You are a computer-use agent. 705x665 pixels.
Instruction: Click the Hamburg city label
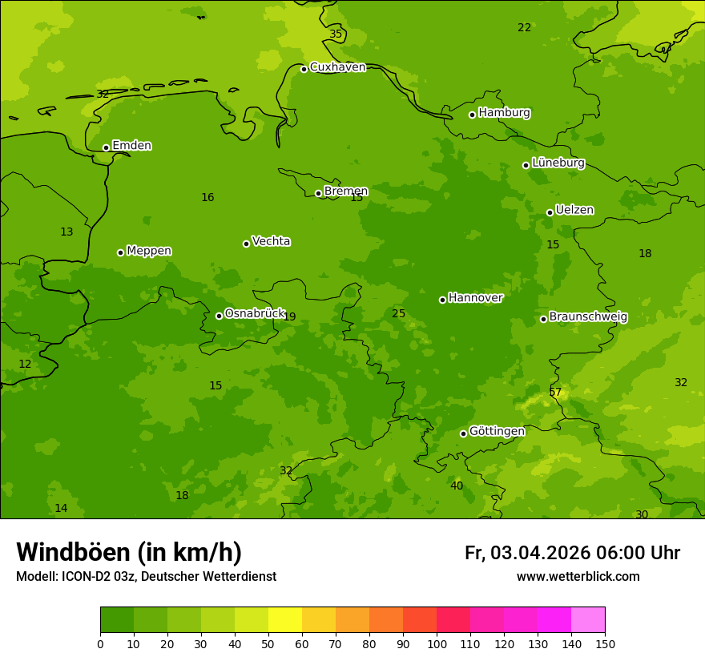[504, 113]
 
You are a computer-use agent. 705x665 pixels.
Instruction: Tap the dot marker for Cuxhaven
[304, 69]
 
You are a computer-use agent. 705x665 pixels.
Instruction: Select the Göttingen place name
[497, 431]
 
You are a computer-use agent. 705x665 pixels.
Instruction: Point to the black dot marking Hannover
[442, 300]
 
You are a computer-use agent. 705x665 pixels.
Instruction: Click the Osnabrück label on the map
[255, 313]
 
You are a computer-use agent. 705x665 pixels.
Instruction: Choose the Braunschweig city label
[588, 316]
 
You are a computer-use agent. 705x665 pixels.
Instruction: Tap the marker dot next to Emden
[106, 147]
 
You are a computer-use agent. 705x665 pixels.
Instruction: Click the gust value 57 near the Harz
[555, 393]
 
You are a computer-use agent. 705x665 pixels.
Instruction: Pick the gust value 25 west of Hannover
[398, 313]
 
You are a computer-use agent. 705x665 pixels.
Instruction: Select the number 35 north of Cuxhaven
[336, 34]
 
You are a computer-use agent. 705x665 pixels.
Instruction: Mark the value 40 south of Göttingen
[456, 486]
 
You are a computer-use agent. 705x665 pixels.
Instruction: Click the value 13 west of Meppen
[66, 232]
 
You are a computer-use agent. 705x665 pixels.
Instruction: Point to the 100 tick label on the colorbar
[437, 643]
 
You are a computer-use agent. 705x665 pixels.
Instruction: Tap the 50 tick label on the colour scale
[268, 643]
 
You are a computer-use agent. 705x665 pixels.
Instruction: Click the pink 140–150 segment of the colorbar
[588, 620]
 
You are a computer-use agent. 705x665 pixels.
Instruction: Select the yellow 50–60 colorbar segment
[285, 620]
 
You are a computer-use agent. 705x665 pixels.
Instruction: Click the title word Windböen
[73, 552]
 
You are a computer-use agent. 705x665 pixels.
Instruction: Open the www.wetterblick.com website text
[578, 577]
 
